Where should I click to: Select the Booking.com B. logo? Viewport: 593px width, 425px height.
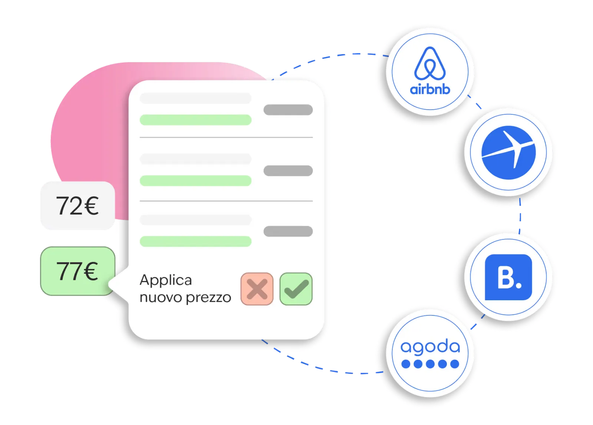click(x=508, y=277)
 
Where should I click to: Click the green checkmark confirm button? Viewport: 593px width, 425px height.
click(x=296, y=289)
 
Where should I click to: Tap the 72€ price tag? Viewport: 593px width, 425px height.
click(x=77, y=206)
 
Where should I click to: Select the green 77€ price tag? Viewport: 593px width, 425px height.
click(x=77, y=271)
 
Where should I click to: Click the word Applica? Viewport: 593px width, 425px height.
click(x=166, y=281)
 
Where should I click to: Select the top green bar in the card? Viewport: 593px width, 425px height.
click(x=195, y=120)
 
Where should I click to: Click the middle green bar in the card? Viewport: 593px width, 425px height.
click(x=195, y=181)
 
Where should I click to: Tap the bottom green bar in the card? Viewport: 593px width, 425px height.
click(x=195, y=241)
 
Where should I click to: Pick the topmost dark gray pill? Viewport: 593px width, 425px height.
click(x=288, y=110)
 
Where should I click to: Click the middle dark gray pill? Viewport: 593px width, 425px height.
click(x=288, y=171)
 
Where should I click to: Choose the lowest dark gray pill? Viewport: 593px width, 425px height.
click(x=288, y=231)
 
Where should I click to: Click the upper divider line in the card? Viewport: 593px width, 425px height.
click(x=226, y=137)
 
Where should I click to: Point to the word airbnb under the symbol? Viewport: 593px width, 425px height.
click(x=430, y=89)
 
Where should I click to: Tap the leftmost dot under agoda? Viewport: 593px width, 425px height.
click(x=406, y=364)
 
